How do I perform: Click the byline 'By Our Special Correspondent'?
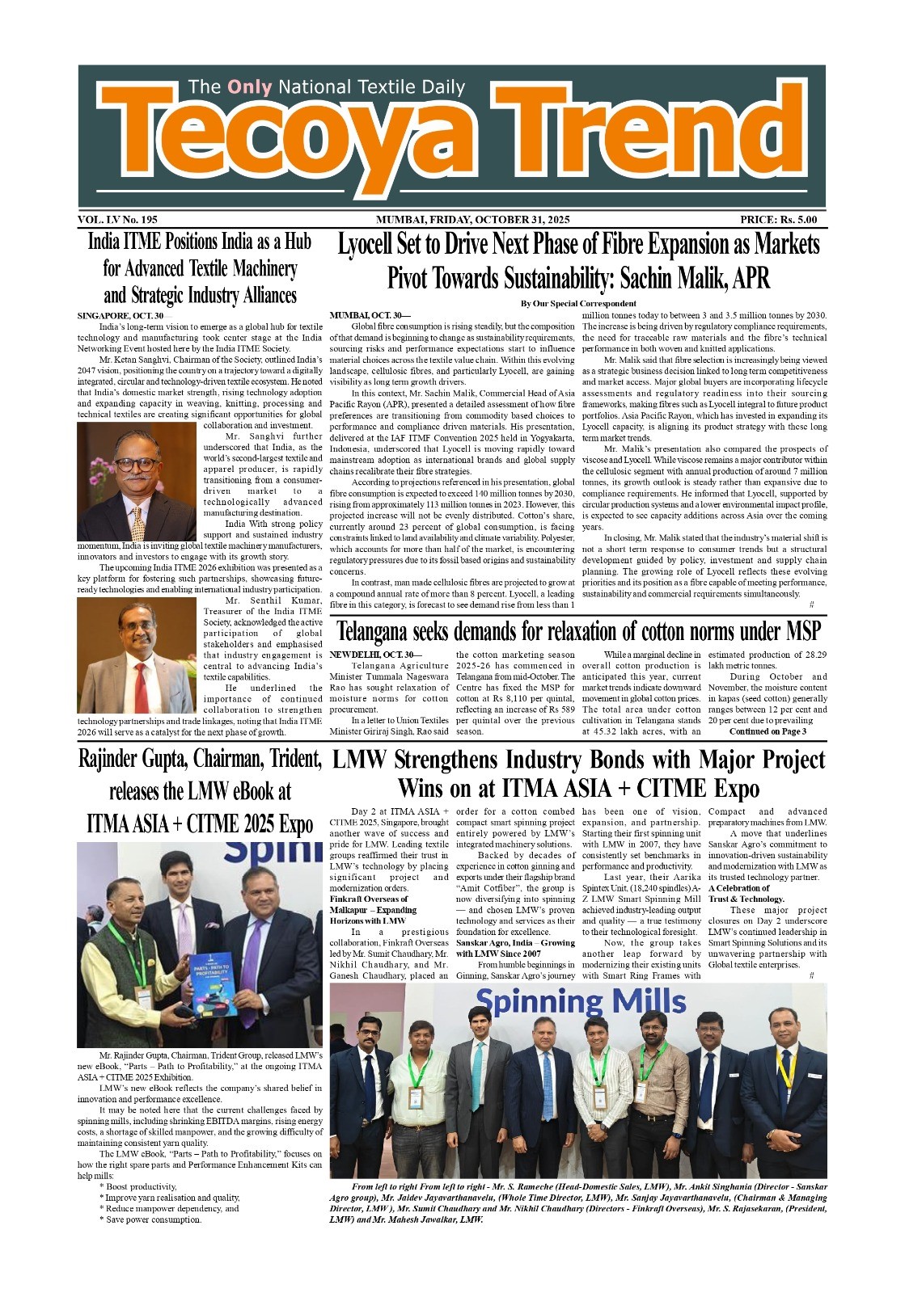(578, 304)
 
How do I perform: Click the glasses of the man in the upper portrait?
(137, 465)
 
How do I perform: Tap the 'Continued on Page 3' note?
(768, 731)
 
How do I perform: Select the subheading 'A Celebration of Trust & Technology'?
(746, 893)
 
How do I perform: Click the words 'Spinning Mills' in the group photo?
(580, 1002)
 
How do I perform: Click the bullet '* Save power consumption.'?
(150, 1219)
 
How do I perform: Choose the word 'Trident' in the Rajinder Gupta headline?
(295, 760)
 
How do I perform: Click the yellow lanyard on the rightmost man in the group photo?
(784, 1067)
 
